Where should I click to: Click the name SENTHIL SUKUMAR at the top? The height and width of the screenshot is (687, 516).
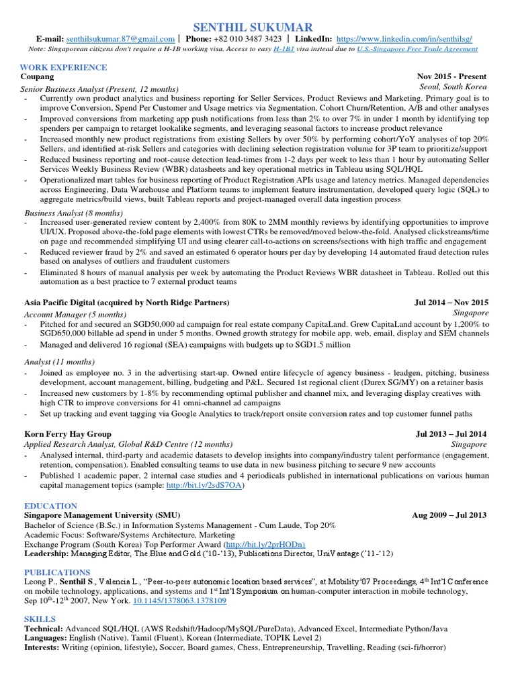(x=253, y=27)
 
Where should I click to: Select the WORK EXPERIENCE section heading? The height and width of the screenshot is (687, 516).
(x=63, y=67)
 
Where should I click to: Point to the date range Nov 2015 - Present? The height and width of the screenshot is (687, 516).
(x=451, y=77)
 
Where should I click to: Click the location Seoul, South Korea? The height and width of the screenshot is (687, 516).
(x=454, y=87)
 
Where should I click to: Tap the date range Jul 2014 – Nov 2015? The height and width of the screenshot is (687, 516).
(x=451, y=303)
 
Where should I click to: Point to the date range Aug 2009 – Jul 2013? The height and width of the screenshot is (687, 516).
(x=449, y=515)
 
